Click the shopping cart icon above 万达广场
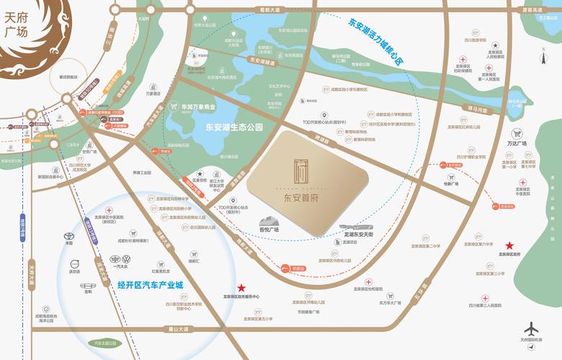pyautogui.click(x=516, y=133)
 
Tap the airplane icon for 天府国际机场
pyautogui.click(x=532, y=328)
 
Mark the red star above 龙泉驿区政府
pyautogui.click(x=510, y=245)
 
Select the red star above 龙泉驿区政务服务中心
pyautogui.click(x=241, y=287)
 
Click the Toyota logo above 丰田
pyautogui.click(x=69, y=235)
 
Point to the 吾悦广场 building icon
pyautogui.click(x=269, y=221)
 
